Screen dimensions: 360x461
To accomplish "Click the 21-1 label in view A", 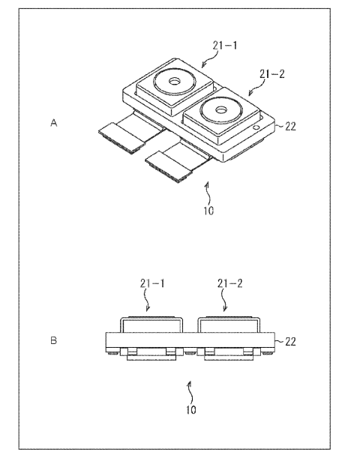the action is coord(225,46).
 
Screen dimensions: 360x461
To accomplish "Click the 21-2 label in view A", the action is coord(272,74).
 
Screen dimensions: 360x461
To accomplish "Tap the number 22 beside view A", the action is coord(290,127).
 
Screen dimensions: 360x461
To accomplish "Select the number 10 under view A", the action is coord(208,211).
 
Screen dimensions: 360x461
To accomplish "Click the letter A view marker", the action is coord(53,123).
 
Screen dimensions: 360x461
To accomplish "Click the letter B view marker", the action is coord(53,340).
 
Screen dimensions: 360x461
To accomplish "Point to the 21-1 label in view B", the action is coord(152,283).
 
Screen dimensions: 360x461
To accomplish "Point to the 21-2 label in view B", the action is coord(230,283).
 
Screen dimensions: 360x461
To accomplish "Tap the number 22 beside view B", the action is coord(290,342).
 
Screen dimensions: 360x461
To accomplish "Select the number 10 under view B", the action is coord(191,410).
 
